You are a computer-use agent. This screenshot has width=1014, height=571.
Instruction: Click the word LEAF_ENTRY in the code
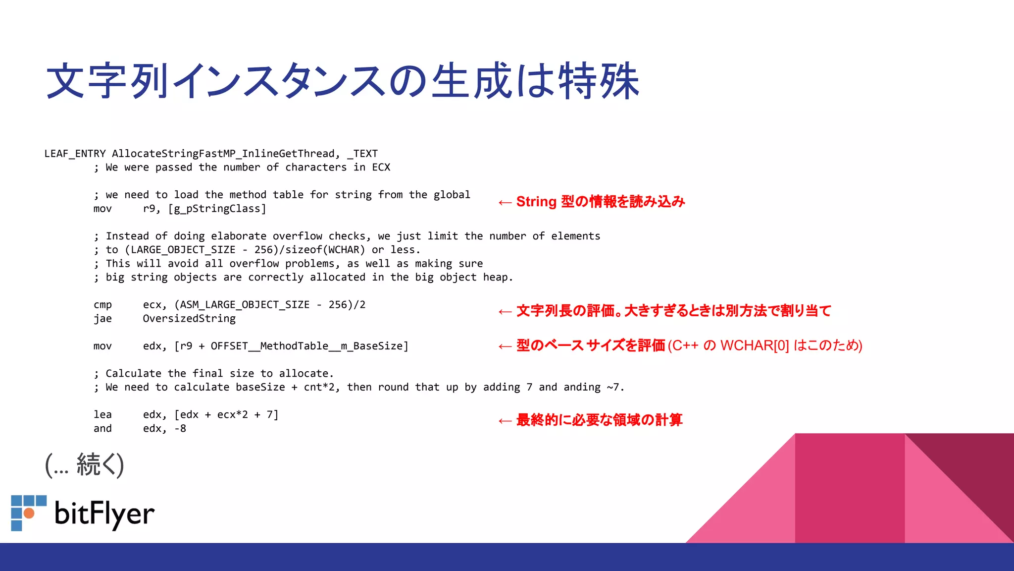(75, 154)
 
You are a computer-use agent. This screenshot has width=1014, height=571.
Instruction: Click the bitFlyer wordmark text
(104, 514)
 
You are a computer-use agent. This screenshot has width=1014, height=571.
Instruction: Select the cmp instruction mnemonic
(102, 305)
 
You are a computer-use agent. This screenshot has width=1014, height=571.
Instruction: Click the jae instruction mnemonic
(102, 319)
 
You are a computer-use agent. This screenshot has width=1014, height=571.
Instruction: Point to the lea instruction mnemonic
(102, 415)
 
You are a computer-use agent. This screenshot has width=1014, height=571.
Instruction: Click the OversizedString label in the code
(189, 319)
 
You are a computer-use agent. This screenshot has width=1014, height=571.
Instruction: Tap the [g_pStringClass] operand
(217, 209)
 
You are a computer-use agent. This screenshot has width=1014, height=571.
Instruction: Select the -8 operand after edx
(180, 429)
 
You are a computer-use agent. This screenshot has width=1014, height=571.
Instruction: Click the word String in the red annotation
(536, 202)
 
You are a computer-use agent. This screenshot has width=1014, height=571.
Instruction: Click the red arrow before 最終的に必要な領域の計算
(505, 421)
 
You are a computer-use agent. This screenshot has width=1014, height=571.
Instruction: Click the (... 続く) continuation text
(84, 465)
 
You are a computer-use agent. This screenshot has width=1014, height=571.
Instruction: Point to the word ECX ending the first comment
(381, 168)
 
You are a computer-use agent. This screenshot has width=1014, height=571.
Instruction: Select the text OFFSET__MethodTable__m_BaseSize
(307, 346)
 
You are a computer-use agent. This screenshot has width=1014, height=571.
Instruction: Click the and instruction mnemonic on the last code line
(102, 429)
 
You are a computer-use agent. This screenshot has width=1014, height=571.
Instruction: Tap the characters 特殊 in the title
(599, 81)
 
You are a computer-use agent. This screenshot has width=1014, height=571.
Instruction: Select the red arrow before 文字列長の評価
(505, 312)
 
